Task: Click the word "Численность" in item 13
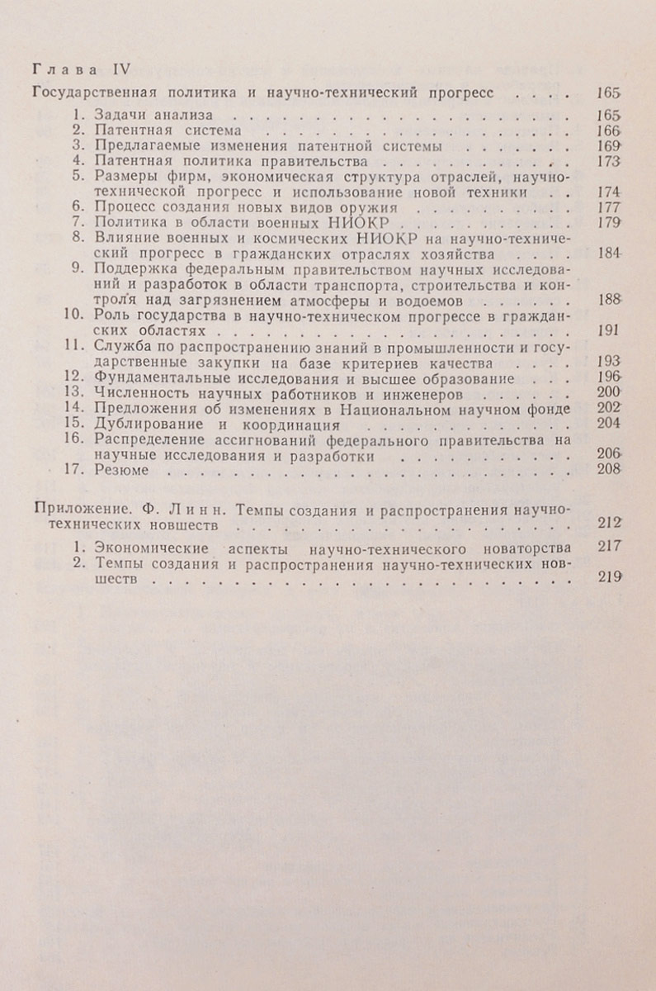point(136,394)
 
